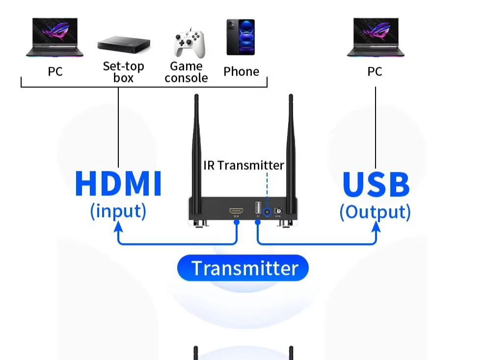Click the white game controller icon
[189, 44]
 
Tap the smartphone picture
[241, 37]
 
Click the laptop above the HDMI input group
[54, 38]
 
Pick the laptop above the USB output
[376, 38]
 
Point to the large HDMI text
[118, 184]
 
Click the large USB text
[376, 184]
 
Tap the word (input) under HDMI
[118, 211]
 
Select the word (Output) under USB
[376, 212]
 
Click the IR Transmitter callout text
[243, 165]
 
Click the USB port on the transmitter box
[258, 208]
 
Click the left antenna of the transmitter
[196, 147]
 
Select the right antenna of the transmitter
[290, 147]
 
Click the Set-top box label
[124, 72]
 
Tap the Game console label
[187, 72]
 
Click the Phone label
[241, 72]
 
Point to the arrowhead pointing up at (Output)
[376, 227]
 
